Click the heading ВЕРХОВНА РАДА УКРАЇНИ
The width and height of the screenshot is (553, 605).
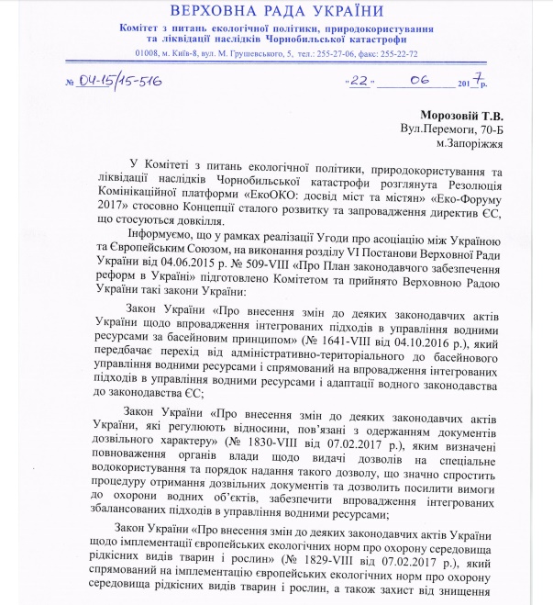coord(275,11)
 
